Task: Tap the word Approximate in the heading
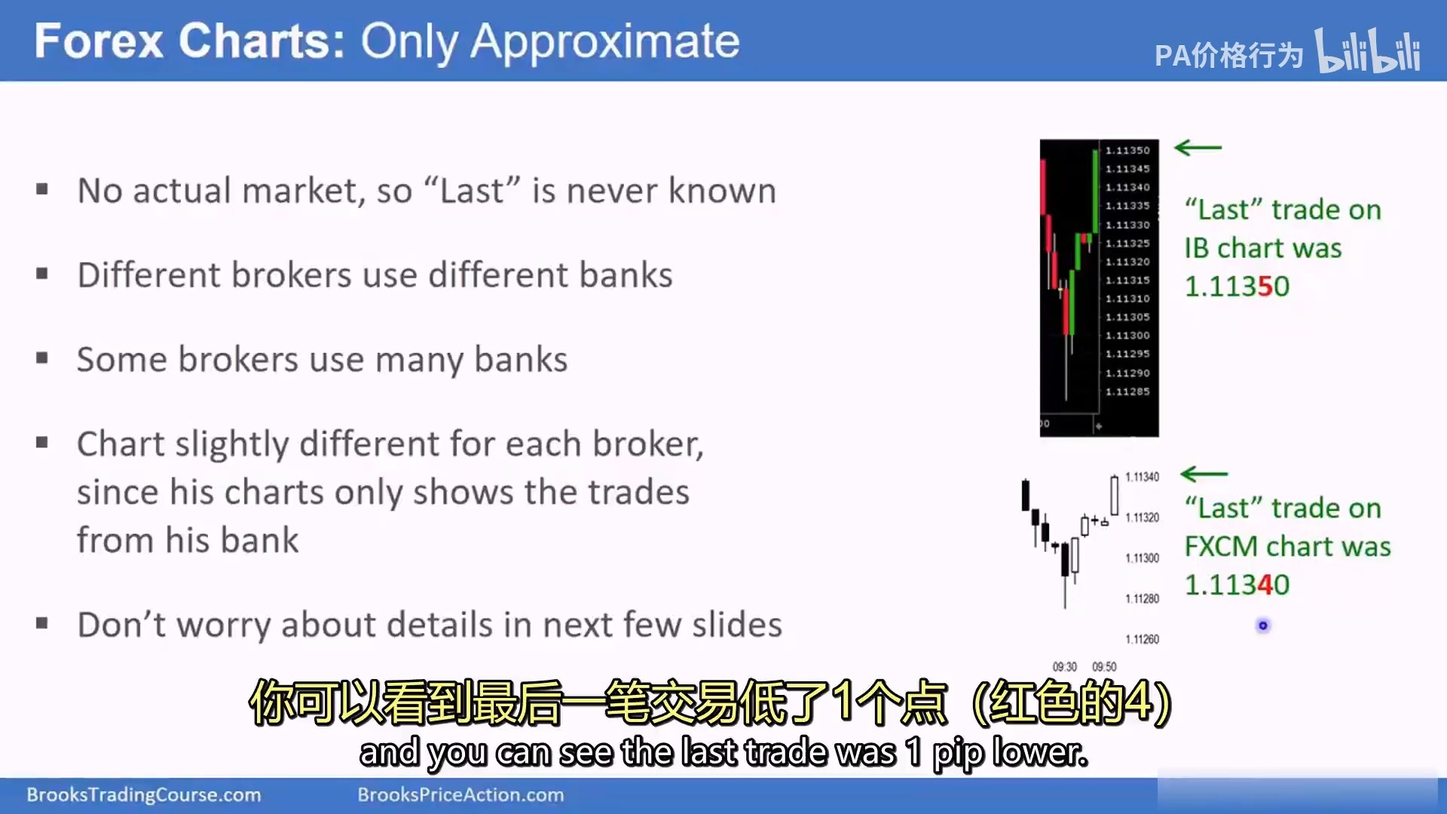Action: [x=605, y=42]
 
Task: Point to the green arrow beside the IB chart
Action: [x=1198, y=148]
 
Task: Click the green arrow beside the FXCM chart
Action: [x=1204, y=474]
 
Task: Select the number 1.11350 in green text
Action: [x=1237, y=286]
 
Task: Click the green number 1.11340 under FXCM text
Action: [x=1237, y=585]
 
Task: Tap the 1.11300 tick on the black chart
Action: [x=1127, y=335]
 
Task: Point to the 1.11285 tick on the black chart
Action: [x=1127, y=392]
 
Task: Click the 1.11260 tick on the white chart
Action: [x=1142, y=640]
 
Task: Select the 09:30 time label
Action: [x=1065, y=667]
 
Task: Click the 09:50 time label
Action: [x=1104, y=667]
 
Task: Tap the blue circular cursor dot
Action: [x=1263, y=626]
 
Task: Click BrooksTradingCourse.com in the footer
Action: [x=144, y=795]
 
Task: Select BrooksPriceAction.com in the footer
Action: [x=460, y=795]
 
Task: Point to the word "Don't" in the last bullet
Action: [x=121, y=625]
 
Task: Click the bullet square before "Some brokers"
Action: [x=42, y=359]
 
